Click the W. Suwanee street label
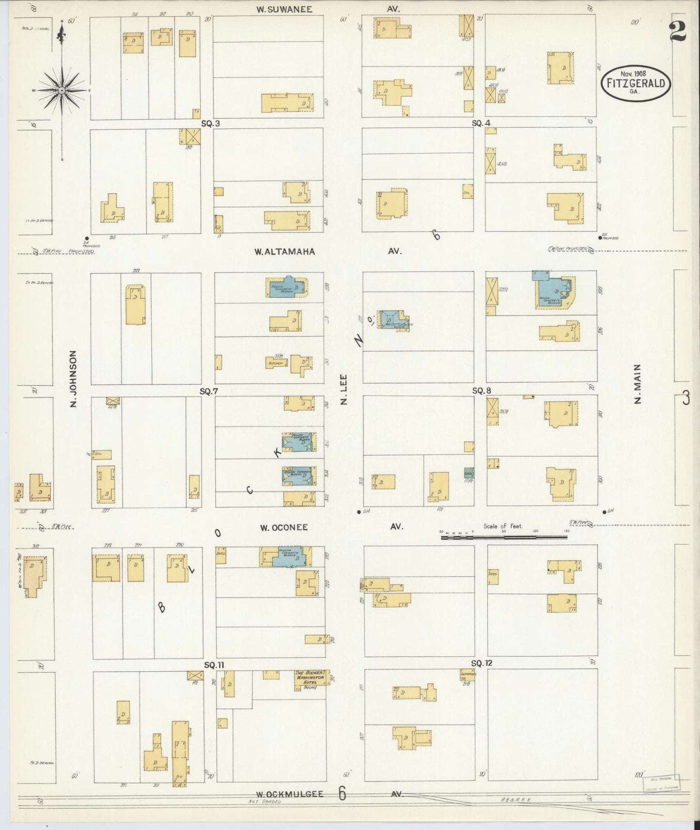284,9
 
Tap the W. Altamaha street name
285,251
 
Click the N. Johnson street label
74,379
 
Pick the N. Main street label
637,384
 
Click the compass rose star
62,91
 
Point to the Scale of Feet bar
504,537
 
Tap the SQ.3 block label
211,123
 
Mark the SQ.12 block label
481,663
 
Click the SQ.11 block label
214,665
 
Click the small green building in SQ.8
468,472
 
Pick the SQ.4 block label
481,123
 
